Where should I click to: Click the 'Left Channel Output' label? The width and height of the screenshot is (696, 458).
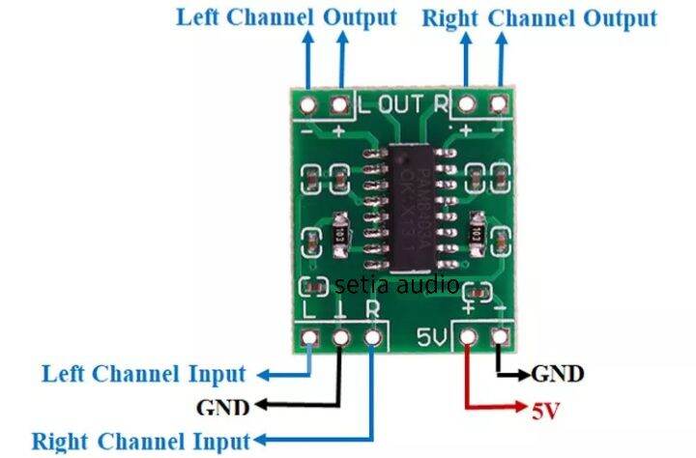pos(285,16)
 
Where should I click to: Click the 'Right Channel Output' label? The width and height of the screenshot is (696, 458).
pos(539,17)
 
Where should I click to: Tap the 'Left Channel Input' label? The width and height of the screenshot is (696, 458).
pos(143,373)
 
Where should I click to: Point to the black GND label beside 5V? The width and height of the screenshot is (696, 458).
pos(559,373)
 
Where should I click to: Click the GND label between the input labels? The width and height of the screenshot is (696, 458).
pos(223,406)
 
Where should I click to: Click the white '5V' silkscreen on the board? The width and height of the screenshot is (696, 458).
pos(430,338)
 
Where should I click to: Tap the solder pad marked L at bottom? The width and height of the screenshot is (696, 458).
pos(309,338)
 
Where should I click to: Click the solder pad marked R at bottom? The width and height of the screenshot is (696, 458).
pos(372,338)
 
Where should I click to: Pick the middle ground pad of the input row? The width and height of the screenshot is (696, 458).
pos(340,338)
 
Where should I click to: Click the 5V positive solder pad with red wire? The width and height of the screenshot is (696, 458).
pos(469,337)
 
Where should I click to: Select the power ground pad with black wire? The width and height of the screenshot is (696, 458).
pos(500,337)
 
